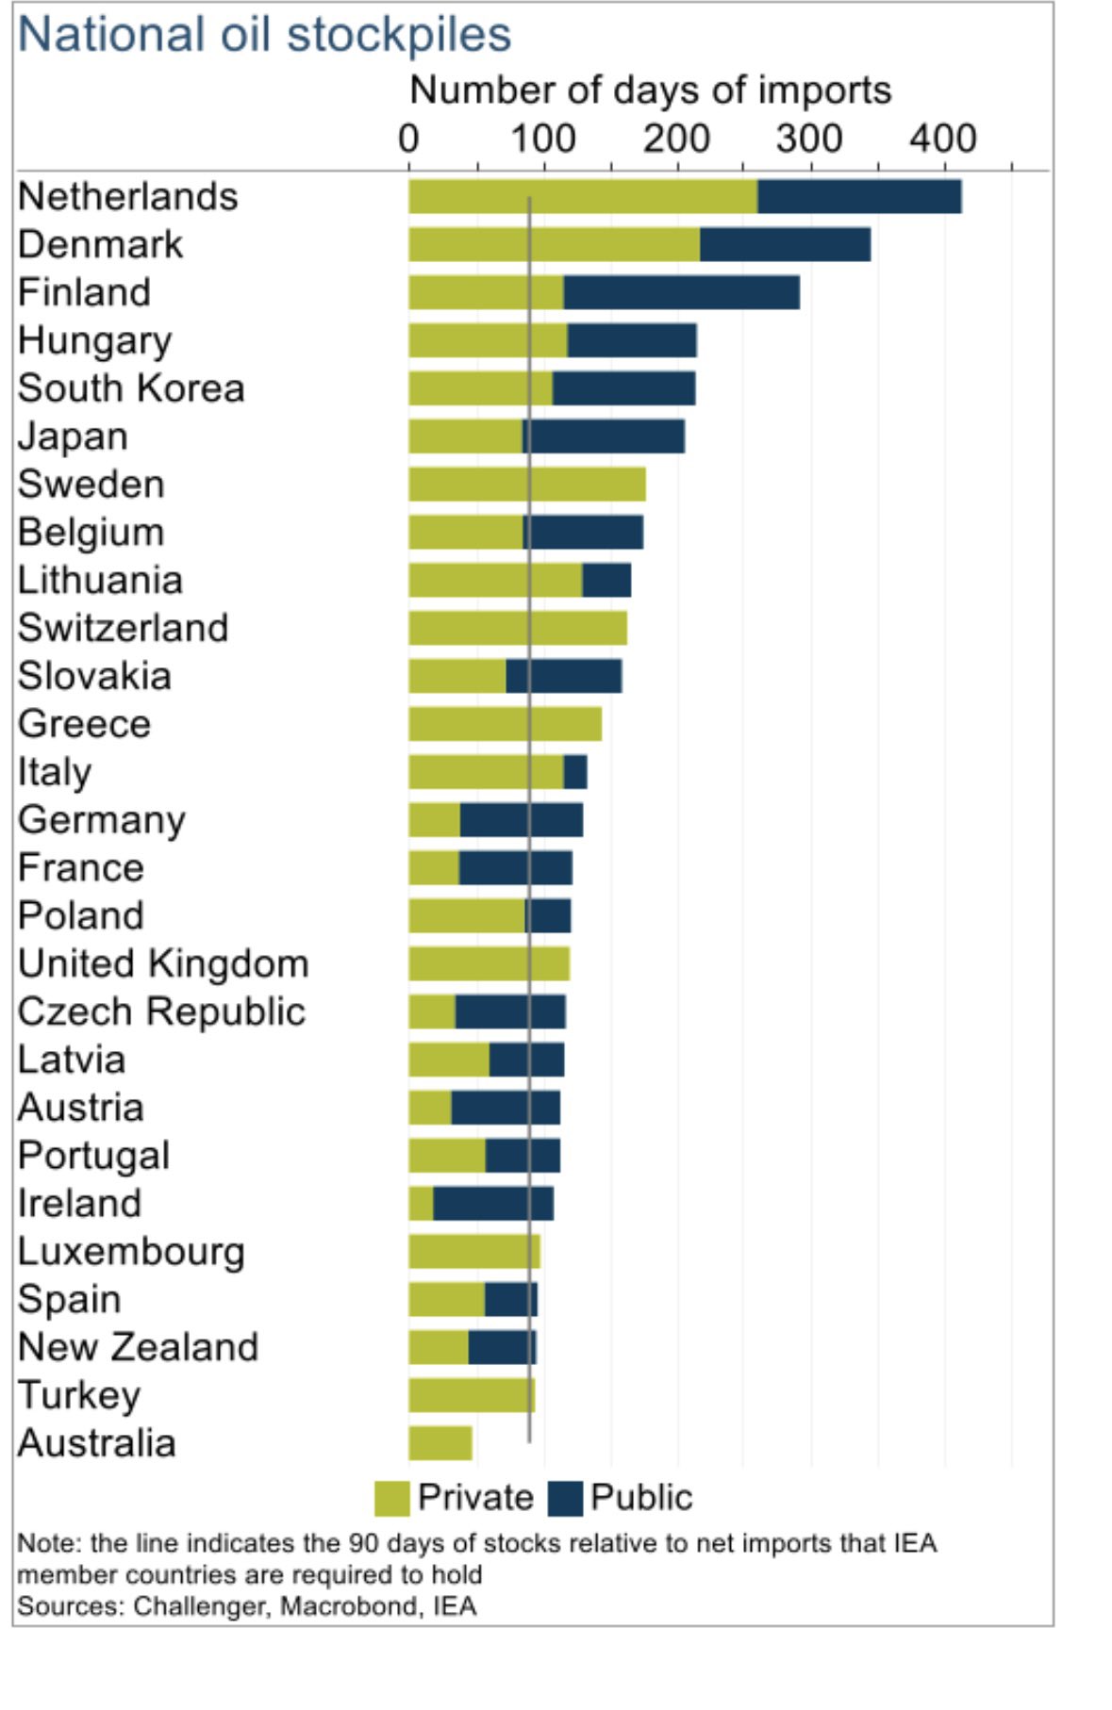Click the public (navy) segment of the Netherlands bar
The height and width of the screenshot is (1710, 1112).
859,197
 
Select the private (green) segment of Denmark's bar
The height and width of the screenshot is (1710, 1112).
554,245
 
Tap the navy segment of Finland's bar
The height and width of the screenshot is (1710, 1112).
681,293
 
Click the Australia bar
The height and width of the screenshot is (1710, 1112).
440,1443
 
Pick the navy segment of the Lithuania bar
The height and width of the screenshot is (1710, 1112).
606,581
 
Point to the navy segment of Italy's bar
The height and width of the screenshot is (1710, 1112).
575,772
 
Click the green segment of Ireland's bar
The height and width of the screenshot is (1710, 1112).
421,1204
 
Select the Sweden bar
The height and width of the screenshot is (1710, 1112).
526,485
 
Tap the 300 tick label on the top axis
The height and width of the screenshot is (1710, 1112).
809,140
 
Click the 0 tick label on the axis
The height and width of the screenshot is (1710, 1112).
408,140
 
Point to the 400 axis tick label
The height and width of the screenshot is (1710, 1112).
942,140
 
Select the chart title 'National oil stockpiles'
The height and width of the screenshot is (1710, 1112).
264,35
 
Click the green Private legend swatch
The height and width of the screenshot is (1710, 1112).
391,1498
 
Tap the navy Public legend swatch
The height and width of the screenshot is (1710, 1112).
565,1498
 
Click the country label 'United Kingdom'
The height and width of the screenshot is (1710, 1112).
163,964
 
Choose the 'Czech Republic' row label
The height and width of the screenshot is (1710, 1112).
161,1012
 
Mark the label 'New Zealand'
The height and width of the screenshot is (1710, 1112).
138,1347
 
